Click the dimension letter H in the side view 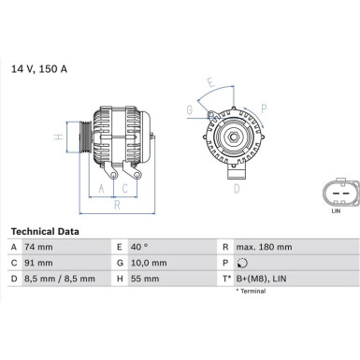pyautogui.click(x=58, y=137)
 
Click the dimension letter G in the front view pyautogui.click(x=190, y=109)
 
